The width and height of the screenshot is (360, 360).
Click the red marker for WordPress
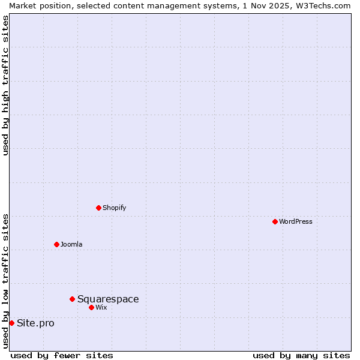coord(275,221)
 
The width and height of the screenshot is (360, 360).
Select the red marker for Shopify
coord(98,208)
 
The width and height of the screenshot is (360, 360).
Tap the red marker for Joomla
coord(56,244)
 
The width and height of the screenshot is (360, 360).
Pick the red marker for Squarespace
coord(72,299)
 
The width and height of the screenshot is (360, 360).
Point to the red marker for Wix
coord(91,307)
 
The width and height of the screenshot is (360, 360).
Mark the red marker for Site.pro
coord(11,323)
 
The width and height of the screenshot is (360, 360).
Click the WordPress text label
coord(296,221)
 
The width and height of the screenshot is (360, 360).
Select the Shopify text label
coord(114,208)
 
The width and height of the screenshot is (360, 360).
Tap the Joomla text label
coord(71,244)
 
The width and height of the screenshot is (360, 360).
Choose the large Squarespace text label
coord(108,299)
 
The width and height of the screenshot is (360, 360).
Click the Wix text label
coord(101,307)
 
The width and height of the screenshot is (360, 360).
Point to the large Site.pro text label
coord(35,323)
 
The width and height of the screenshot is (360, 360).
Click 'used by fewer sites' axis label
coord(62,355)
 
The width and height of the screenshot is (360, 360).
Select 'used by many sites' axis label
coord(301,355)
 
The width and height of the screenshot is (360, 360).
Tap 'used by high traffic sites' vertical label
coord(5,85)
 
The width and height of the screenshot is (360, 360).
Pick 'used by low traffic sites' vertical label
coord(5,281)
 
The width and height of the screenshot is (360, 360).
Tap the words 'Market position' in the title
coord(36,5)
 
